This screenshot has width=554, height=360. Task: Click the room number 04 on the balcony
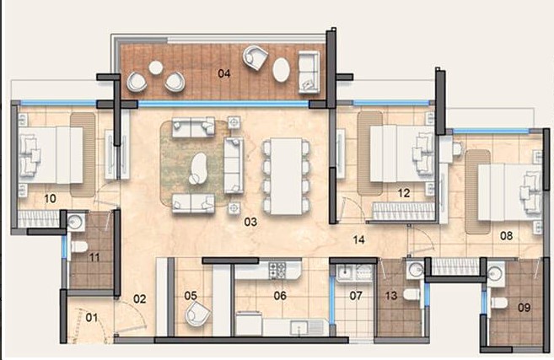(224, 73)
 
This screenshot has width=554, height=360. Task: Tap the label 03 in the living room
(250, 222)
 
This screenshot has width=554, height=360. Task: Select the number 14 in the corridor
(358, 240)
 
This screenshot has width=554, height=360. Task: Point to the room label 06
(280, 295)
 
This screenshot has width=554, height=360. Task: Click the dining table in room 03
(286, 175)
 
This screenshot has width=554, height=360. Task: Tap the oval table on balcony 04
(282, 70)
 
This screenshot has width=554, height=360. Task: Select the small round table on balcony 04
(155, 67)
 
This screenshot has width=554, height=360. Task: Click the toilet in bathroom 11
(79, 246)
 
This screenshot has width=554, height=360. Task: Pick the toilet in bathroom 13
(411, 294)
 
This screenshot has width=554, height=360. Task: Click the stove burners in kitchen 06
(277, 271)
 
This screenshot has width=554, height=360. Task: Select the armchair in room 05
(197, 314)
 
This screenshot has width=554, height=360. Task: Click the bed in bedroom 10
(51, 155)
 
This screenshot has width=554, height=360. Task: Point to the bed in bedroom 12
(402, 153)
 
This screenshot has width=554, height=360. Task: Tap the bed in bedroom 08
(510, 192)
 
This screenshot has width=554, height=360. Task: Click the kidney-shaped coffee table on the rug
(198, 168)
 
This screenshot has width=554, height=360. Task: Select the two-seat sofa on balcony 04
(309, 72)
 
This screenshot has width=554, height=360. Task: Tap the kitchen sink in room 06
(299, 327)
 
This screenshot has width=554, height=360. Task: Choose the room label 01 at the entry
(92, 318)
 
